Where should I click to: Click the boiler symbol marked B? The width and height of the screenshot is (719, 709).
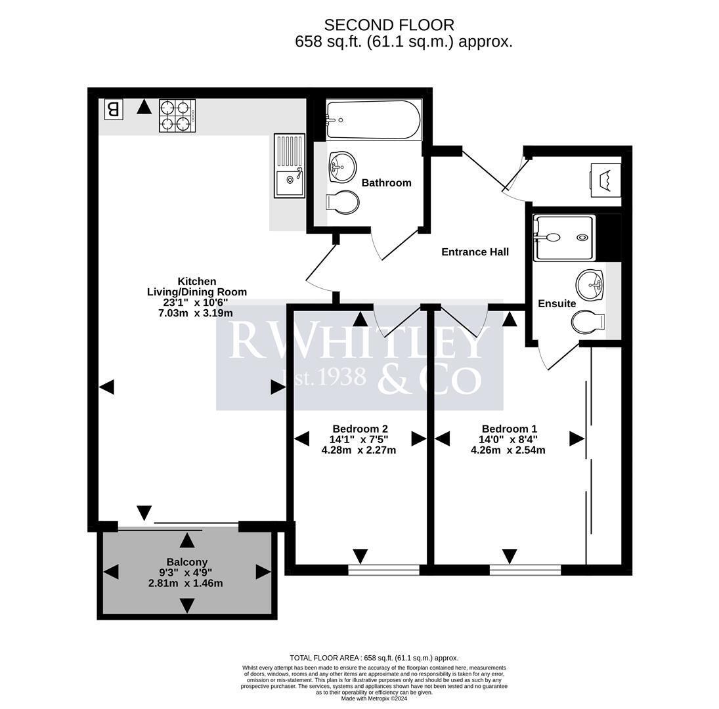[x=113, y=110]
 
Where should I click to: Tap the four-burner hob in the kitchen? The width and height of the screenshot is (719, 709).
[x=177, y=116]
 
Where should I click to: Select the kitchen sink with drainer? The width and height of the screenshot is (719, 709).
[x=290, y=166]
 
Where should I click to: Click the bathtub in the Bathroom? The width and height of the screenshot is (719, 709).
[x=374, y=120]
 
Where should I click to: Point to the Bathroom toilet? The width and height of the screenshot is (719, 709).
[x=343, y=202]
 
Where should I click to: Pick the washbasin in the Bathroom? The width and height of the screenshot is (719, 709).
[x=342, y=167]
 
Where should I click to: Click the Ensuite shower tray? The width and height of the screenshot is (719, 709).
[x=564, y=238]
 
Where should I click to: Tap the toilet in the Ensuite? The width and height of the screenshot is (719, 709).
[x=588, y=322]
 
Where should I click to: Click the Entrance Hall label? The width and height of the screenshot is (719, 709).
[x=475, y=251]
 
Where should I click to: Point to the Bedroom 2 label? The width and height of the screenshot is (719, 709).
[x=360, y=429]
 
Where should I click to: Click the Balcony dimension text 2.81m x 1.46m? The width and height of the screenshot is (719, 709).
[x=185, y=584]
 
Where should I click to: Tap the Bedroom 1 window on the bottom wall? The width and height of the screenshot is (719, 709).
[x=525, y=570]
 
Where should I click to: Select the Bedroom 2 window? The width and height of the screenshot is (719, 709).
[x=384, y=570]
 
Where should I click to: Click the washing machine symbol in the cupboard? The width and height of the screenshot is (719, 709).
[x=606, y=180]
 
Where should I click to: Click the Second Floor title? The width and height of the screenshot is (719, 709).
[x=389, y=25]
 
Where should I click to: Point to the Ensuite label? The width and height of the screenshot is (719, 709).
[x=557, y=303]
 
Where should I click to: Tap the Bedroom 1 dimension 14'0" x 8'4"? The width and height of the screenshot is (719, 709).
[x=508, y=439]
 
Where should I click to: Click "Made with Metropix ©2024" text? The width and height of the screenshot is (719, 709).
[x=374, y=698]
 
